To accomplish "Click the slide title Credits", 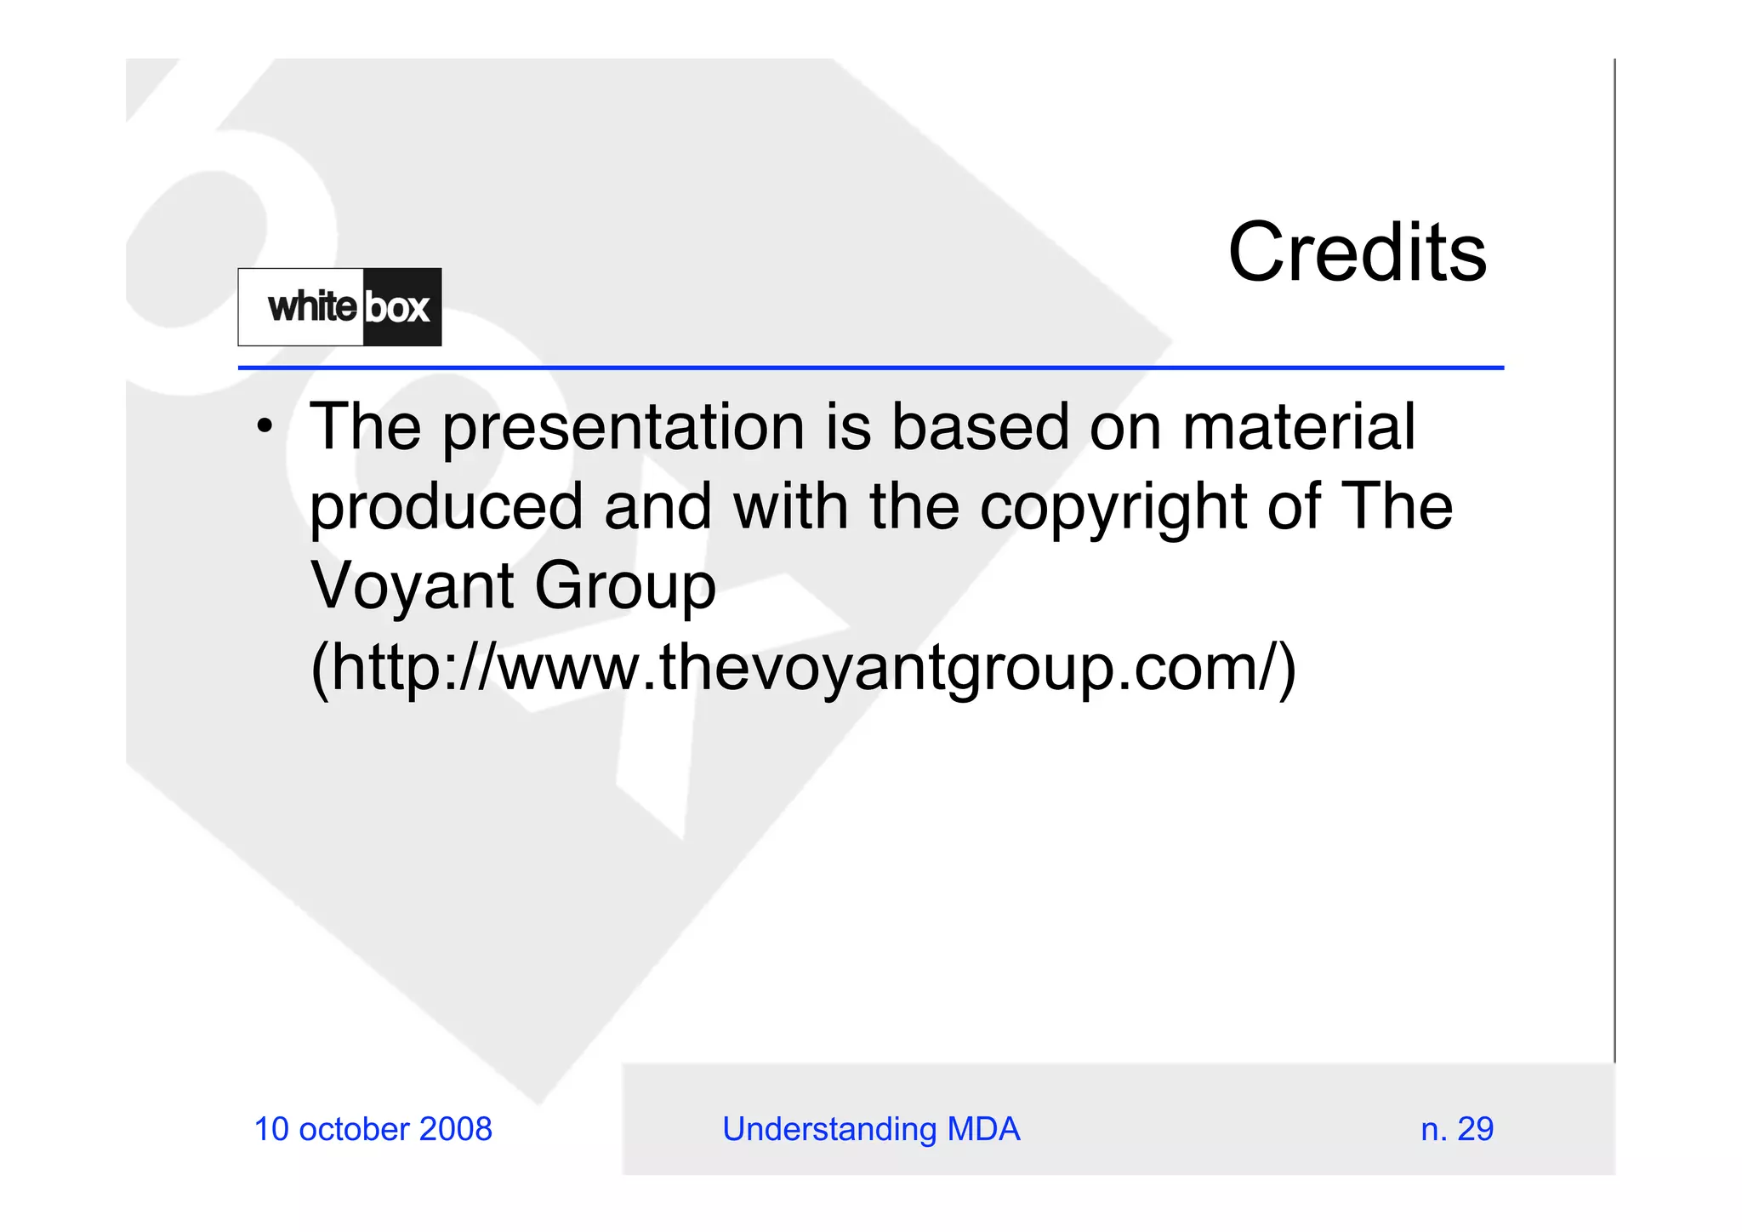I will (x=1357, y=253).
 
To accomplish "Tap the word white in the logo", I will (x=312, y=306).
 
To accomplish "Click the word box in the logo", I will (x=397, y=307).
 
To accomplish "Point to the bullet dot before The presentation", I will (x=265, y=425).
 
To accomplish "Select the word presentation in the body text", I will (x=623, y=428).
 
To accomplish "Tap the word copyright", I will (x=1113, y=508).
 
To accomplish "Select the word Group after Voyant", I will (x=624, y=587).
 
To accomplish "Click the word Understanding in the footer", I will (x=828, y=1129).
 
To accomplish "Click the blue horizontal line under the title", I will (x=870, y=368).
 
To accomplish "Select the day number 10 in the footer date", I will (x=272, y=1129).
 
